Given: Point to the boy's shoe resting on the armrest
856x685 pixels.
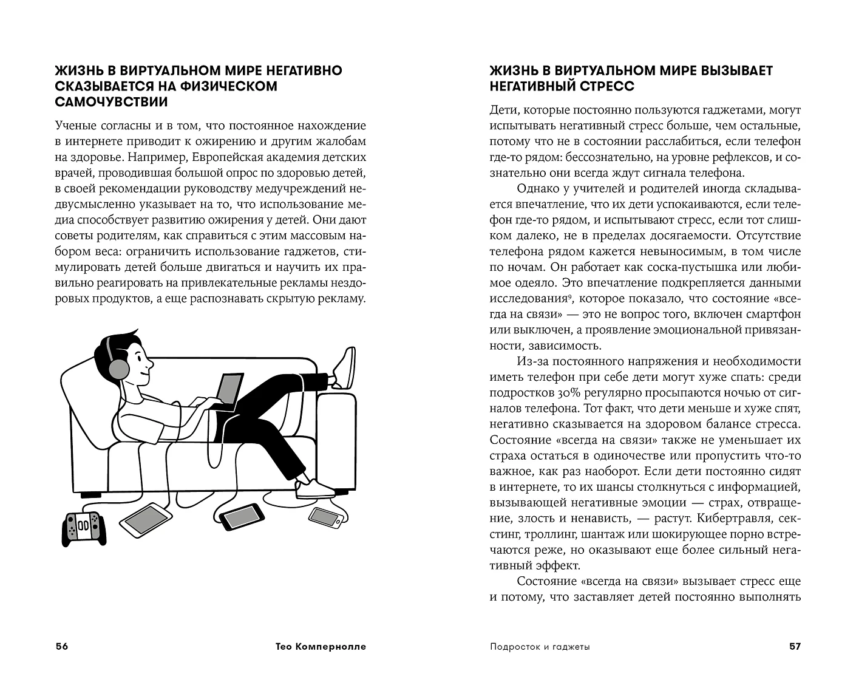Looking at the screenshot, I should click(x=345, y=368).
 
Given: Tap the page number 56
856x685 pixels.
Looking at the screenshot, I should click(x=62, y=646).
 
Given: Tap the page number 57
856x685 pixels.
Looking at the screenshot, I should click(x=795, y=646).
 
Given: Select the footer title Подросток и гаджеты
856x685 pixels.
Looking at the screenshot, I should click(x=540, y=647).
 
